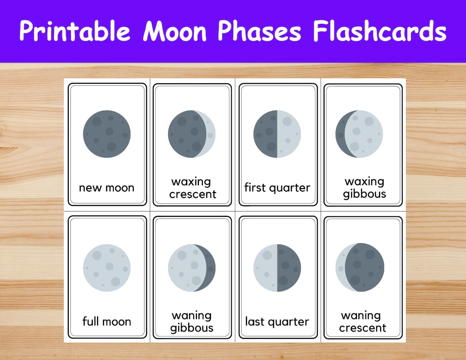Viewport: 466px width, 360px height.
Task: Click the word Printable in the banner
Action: [74, 31]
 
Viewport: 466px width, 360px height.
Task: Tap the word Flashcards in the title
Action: [380, 31]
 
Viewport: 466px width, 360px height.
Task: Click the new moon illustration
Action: [107, 134]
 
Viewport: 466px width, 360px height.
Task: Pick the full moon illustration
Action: [107, 268]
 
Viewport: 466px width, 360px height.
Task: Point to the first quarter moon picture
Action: [277, 134]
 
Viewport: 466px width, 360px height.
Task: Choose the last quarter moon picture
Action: [277, 268]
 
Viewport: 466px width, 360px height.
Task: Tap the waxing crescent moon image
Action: [192, 134]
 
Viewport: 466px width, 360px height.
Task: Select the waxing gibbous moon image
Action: [359, 134]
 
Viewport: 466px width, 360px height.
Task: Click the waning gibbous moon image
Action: [192, 268]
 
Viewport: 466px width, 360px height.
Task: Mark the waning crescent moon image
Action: [359, 268]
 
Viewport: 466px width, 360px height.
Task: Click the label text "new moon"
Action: [107, 188]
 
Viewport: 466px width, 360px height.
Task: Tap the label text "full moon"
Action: [107, 322]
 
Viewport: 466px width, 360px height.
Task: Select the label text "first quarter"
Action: [277, 188]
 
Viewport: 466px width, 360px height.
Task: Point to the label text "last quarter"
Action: [277, 322]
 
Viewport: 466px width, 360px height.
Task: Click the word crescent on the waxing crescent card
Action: [192, 195]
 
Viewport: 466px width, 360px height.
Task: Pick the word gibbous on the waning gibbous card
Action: [192, 328]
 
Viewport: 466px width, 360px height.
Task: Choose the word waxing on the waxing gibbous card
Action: [364, 182]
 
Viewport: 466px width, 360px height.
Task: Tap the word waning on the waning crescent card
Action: [361, 316]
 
